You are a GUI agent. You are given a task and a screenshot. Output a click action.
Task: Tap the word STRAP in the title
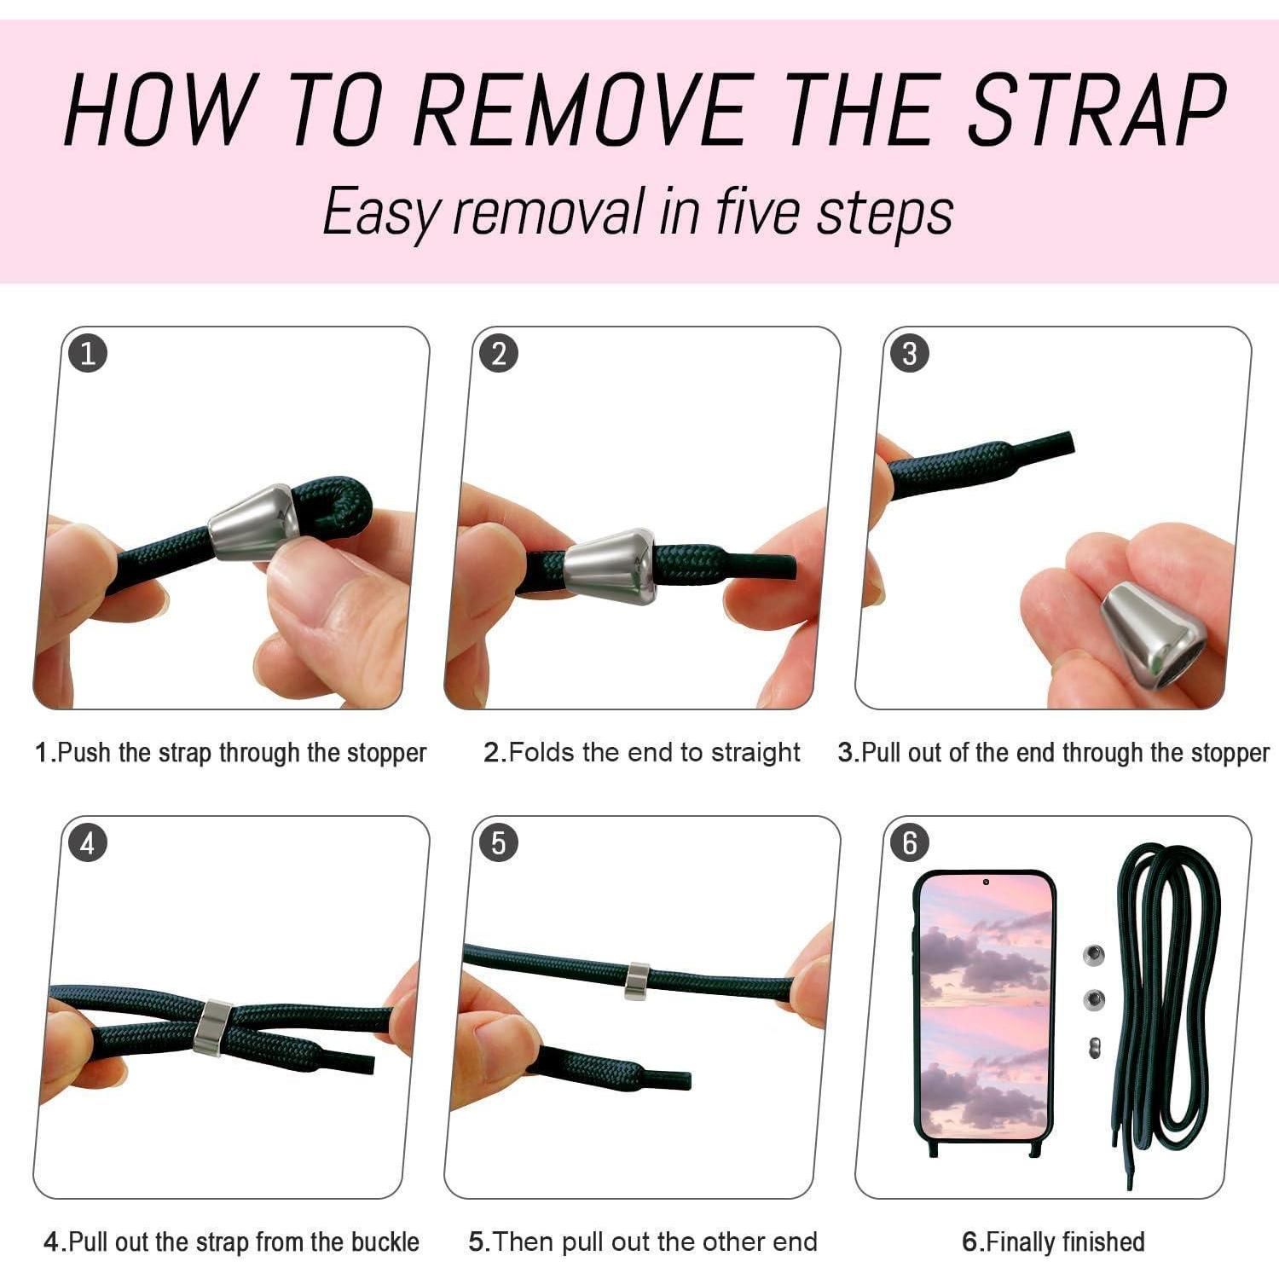pos(1098,110)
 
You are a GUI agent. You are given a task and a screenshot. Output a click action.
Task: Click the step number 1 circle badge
pos(88,354)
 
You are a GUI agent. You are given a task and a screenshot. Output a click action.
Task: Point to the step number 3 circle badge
pos(909,354)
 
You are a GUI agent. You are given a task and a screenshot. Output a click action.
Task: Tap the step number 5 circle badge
pos(499,843)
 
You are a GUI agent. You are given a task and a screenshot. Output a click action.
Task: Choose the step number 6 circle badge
pos(909,843)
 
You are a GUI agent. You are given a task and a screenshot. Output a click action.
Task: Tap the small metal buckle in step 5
pos(636,981)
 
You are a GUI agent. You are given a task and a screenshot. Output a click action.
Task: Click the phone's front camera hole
pos(986,882)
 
